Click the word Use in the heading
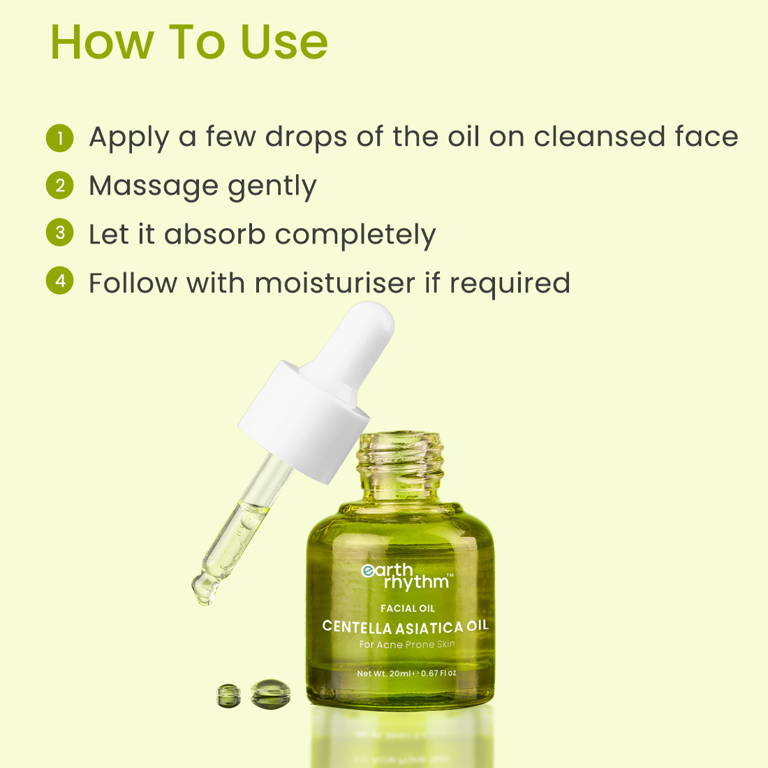coord(284,42)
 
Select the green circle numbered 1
coord(60,138)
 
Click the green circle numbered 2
coord(60,186)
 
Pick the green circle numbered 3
coord(60,232)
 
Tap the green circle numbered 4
coord(60,281)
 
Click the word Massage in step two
coord(154,186)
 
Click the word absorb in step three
coord(214,234)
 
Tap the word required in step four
coord(510,283)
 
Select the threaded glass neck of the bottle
coord(400,467)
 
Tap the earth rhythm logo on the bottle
coord(406,577)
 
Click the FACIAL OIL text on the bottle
coord(408,608)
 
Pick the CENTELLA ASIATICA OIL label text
coord(406,626)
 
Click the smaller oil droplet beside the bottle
coord(229,695)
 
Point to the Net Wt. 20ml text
coord(384,674)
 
